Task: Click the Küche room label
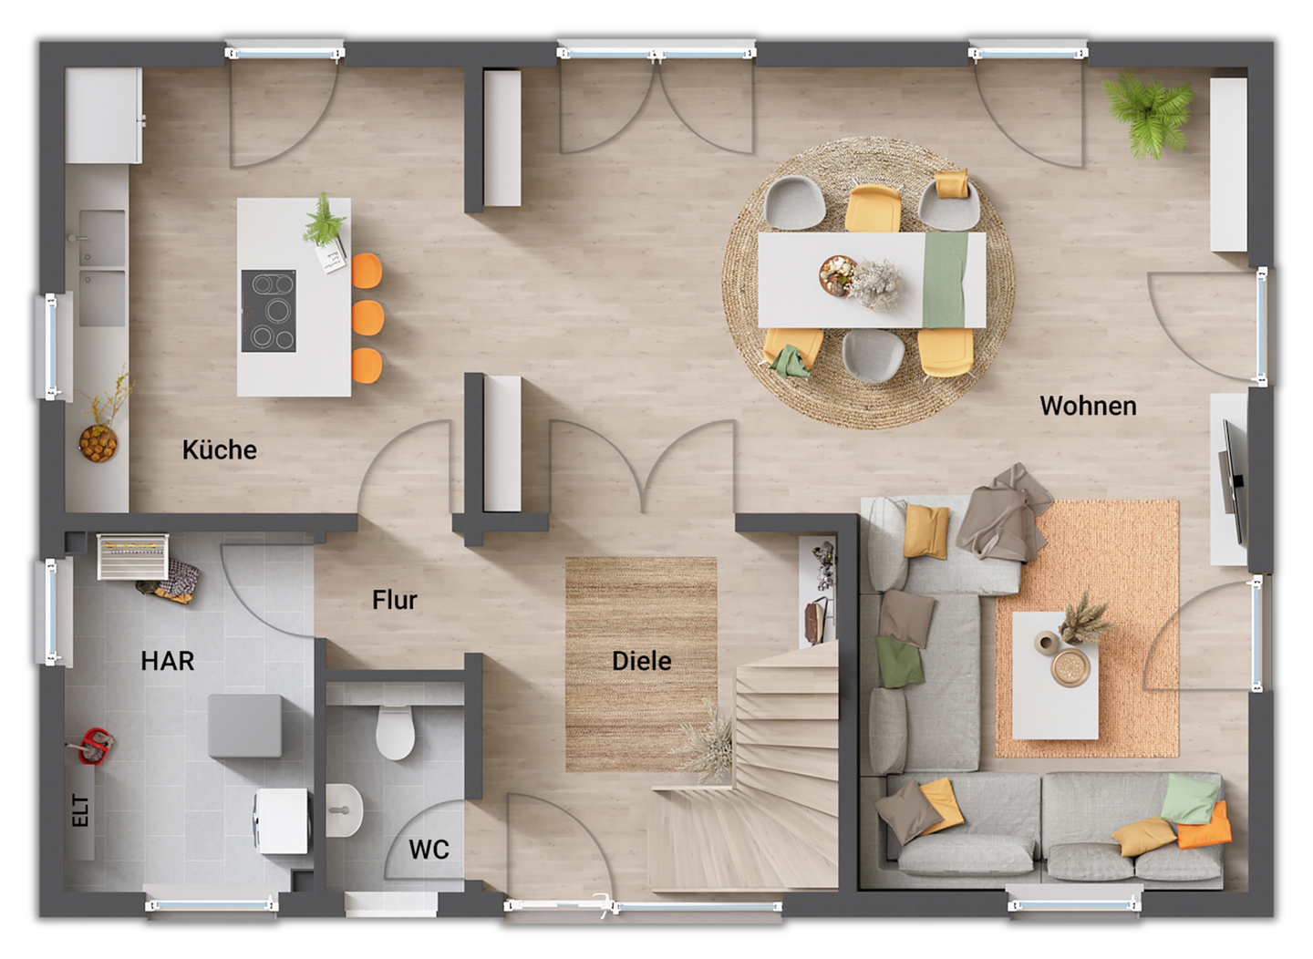pos(219,449)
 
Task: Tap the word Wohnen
pos(1088,406)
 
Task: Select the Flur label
pos(394,600)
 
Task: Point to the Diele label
pos(641,661)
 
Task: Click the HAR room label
pos(167,661)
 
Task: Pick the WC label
pos(429,850)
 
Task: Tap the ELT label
pos(81,810)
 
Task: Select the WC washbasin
pos(343,810)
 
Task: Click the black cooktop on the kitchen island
pos(268,311)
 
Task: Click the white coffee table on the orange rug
pos(1055,675)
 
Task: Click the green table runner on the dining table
pos(945,279)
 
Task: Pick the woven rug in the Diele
pos(640,664)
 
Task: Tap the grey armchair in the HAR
pos(244,726)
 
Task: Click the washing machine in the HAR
pos(282,820)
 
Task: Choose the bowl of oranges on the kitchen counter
pos(98,443)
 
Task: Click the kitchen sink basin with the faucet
pos(101,238)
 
